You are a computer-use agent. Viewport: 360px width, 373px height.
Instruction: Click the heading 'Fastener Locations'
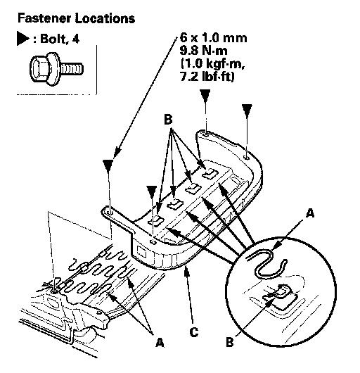tap(76, 18)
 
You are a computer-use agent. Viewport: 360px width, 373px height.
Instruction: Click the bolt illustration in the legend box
tap(56, 69)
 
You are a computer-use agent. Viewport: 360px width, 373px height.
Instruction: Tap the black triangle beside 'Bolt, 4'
tap(22, 38)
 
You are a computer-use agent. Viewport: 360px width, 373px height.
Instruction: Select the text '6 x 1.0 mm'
tap(213, 38)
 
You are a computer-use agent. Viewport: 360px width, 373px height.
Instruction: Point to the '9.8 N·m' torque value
tap(203, 51)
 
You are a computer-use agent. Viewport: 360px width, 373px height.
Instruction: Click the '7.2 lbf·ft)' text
tap(207, 77)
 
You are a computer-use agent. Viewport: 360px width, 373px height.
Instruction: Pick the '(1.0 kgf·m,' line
tap(212, 63)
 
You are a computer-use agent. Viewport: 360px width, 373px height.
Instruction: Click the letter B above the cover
tap(168, 120)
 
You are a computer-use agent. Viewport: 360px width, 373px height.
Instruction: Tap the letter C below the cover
tap(194, 331)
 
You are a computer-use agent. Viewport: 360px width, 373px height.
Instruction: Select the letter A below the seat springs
tap(160, 343)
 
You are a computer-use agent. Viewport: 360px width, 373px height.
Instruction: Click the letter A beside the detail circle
tap(310, 213)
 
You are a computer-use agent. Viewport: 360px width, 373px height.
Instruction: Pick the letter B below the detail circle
tap(230, 343)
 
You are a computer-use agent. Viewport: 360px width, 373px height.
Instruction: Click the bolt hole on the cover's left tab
tap(110, 213)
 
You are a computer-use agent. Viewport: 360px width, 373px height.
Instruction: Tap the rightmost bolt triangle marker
tap(247, 110)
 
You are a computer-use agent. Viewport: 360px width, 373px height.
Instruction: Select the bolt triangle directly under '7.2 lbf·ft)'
tap(205, 96)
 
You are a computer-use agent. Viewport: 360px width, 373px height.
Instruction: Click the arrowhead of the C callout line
tap(187, 271)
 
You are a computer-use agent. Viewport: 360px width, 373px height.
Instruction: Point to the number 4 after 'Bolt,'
tap(75, 39)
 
